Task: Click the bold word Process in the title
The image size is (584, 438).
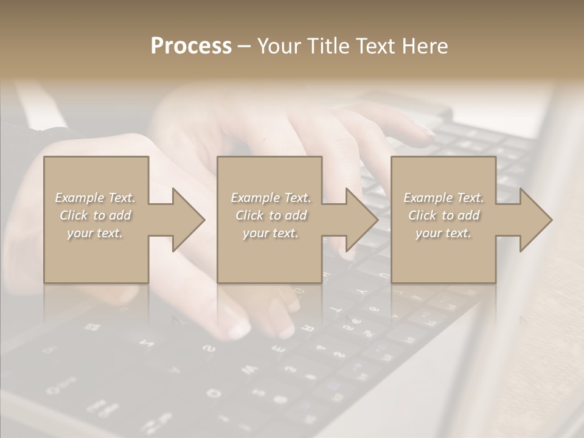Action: click(191, 46)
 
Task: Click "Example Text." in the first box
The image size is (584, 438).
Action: click(95, 198)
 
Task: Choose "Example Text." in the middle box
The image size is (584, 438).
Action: click(271, 198)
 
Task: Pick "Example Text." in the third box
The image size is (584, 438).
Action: click(443, 198)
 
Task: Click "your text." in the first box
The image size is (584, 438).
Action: click(95, 233)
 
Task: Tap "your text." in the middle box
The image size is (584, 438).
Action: click(271, 233)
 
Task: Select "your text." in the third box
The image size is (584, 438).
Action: click(443, 233)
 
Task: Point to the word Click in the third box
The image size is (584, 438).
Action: click(422, 215)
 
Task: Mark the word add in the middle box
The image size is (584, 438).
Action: click(296, 215)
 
